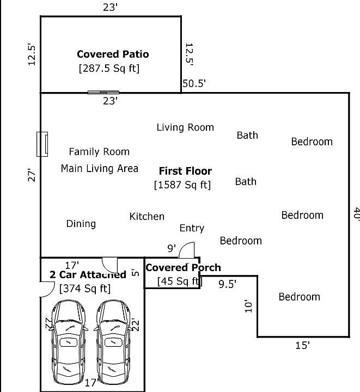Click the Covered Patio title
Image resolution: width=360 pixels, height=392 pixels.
click(x=113, y=54)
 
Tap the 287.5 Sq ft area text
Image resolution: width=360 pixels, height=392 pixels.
click(x=109, y=68)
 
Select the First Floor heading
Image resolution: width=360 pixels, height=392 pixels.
click(x=185, y=171)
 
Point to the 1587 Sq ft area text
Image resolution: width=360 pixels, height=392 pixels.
click(x=182, y=185)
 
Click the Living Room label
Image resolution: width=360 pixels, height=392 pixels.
click(x=185, y=127)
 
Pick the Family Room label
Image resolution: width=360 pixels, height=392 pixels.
click(x=99, y=152)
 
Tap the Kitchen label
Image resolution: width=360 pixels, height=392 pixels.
click(x=147, y=217)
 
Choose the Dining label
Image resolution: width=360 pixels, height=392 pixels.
click(x=81, y=224)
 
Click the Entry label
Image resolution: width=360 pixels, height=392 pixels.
click(x=192, y=228)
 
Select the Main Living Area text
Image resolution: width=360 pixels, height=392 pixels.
click(x=100, y=168)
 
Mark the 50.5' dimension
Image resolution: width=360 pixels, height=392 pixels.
click(x=194, y=83)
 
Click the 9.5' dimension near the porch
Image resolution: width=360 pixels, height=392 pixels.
click(x=228, y=284)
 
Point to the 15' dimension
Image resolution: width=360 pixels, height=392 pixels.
click(x=302, y=346)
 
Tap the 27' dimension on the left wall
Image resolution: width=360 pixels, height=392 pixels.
click(x=32, y=175)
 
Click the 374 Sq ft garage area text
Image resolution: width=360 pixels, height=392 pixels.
click(x=85, y=289)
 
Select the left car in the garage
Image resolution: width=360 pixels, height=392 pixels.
click(x=68, y=342)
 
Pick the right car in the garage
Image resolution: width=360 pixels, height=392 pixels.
click(x=113, y=342)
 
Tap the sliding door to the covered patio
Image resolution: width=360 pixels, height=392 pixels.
click(x=103, y=93)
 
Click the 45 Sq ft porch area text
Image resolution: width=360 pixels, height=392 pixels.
click(x=180, y=281)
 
